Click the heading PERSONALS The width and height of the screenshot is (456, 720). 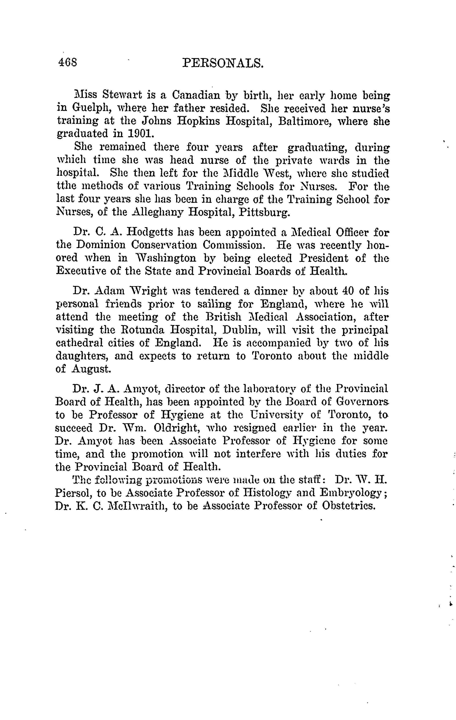tap(223, 63)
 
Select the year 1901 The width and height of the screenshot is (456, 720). tap(140, 133)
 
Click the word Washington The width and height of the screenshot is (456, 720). tap(163, 258)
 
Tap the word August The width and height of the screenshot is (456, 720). tap(91, 369)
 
